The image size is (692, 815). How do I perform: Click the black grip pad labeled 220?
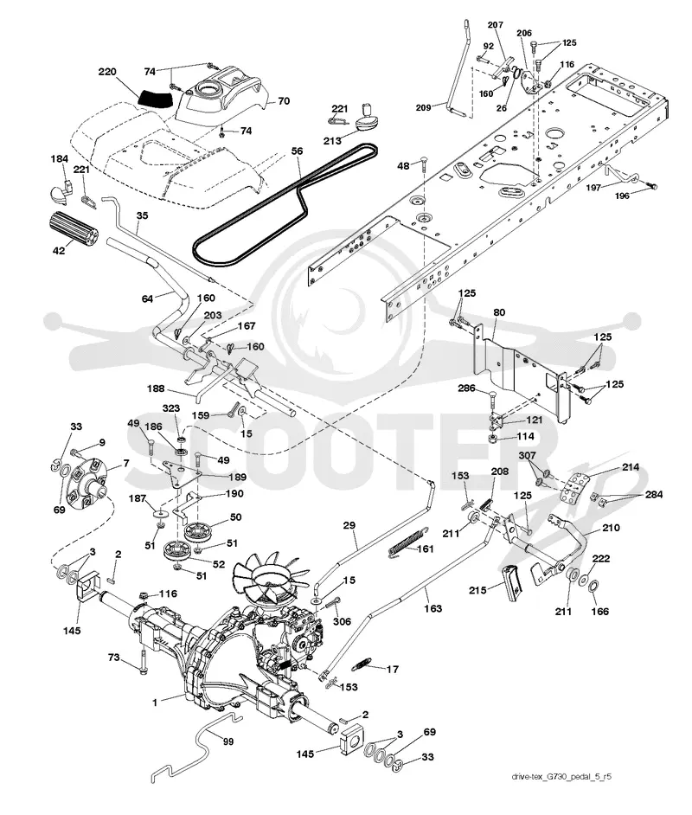click(x=157, y=99)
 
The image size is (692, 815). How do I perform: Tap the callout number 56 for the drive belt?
click(x=297, y=151)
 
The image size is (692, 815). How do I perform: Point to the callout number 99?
click(x=228, y=741)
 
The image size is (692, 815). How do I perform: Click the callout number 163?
click(x=432, y=608)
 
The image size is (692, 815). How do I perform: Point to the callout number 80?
click(x=499, y=312)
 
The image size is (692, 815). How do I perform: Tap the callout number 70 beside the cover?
click(x=284, y=101)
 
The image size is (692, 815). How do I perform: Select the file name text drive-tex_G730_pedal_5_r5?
click(x=561, y=777)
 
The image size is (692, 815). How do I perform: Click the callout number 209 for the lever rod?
click(x=423, y=107)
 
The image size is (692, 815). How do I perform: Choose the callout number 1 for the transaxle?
click(x=155, y=703)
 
